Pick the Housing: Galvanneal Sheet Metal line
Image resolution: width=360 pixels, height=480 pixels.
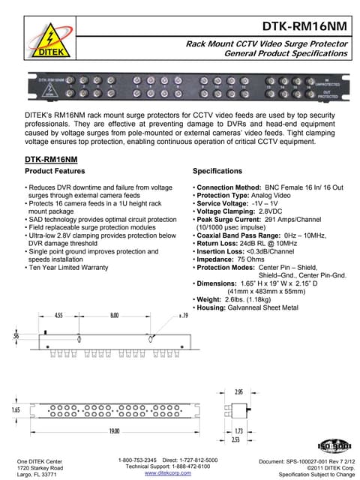pyautogui.click(x=245, y=307)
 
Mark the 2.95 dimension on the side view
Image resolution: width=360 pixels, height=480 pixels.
pyautogui.click(x=238, y=391)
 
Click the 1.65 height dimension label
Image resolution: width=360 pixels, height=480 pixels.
pyautogui.click(x=14, y=411)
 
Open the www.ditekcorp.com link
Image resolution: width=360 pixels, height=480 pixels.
pyautogui.click(x=167, y=474)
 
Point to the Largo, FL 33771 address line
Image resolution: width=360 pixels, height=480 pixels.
pyautogui.click(x=37, y=474)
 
